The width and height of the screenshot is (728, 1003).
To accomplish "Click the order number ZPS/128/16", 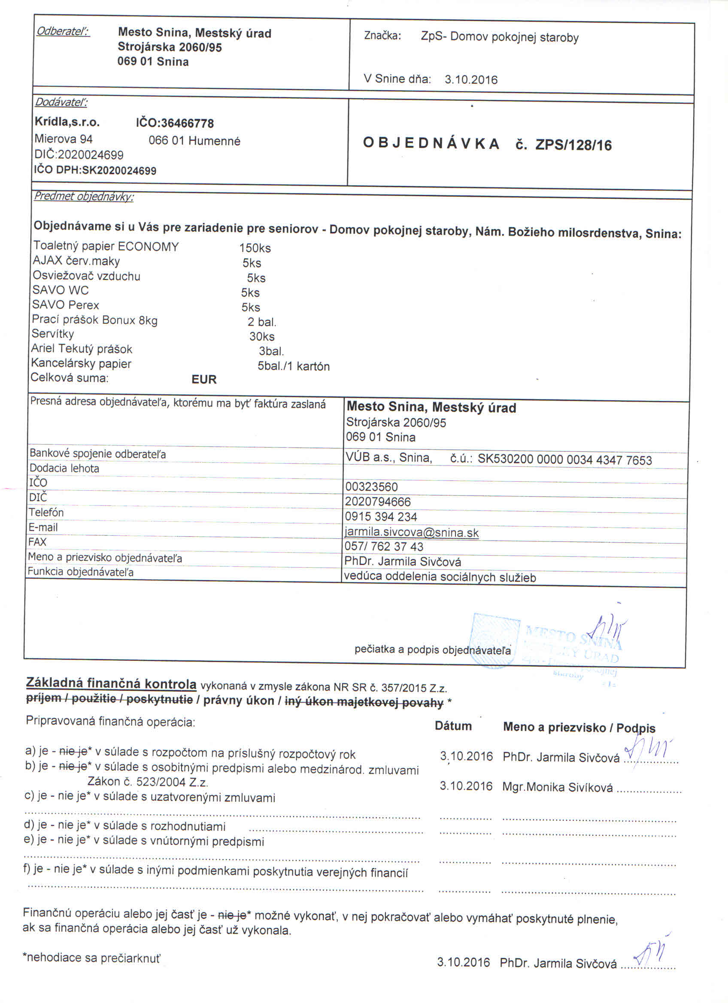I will [x=573, y=145].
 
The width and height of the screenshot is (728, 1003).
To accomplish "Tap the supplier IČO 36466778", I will [x=175, y=123].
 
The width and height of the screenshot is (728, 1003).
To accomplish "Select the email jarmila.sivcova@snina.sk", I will [x=411, y=532].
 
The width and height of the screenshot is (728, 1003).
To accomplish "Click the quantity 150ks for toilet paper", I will [x=255, y=248].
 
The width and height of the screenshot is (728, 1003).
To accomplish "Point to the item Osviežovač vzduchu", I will [x=86, y=276].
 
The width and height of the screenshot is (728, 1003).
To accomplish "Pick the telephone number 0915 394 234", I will [x=381, y=517].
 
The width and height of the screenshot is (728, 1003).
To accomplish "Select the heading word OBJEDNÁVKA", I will [x=431, y=144].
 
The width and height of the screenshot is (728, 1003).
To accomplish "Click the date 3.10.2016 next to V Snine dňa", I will [x=471, y=79].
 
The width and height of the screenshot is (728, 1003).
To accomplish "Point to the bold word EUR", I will [x=204, y=380].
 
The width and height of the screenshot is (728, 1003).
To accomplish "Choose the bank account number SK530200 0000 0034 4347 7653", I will [x=564, y=460].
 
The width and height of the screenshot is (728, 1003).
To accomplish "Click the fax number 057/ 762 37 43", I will [x=384, y=547].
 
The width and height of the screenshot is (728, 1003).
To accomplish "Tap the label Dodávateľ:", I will [x=61, y=102].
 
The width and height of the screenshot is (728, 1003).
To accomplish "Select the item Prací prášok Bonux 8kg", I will [x=94, y=320].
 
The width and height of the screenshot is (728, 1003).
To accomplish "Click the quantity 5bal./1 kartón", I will [x=294, y=366].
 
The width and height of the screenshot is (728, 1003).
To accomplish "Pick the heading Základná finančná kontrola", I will [x=111, y=683].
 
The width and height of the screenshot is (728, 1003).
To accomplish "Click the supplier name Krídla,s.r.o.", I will [x=67, y=122].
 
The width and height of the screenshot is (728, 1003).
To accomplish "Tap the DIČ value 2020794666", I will [x=378, y=501].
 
